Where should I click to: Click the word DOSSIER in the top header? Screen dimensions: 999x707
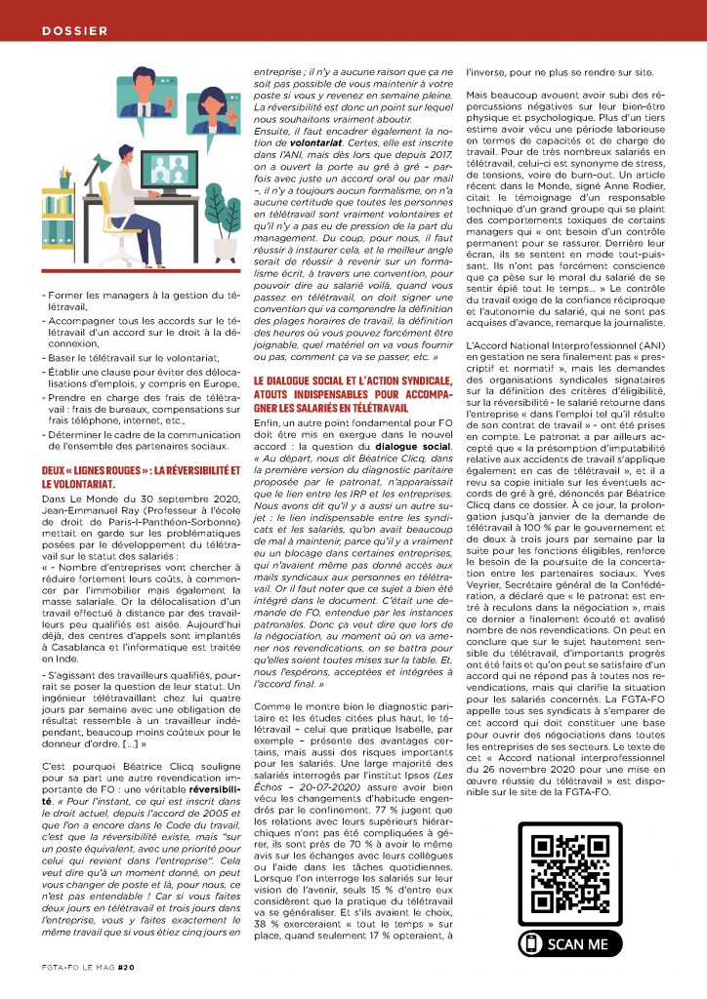(x=75, y=31)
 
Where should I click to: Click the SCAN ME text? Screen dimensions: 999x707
(x=578, y=944)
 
